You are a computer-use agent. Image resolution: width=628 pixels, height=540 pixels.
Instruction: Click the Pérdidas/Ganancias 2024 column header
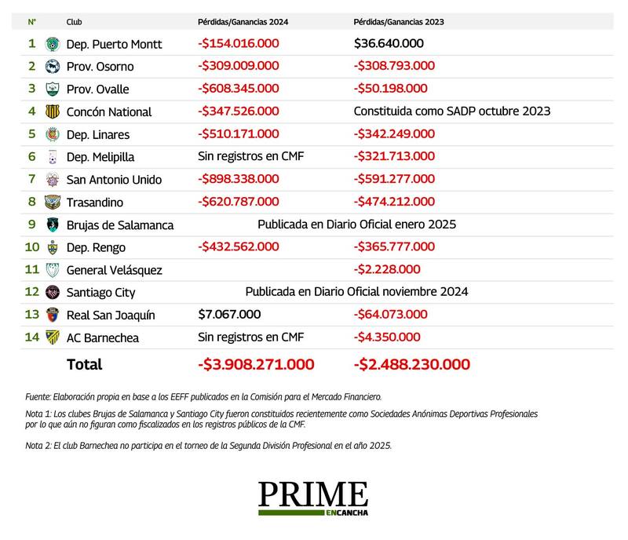tap(243, 22)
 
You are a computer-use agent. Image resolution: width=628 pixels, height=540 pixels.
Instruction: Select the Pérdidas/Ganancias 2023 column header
tap(399, 22)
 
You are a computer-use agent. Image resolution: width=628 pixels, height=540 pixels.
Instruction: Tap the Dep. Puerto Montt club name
tap(115, 44)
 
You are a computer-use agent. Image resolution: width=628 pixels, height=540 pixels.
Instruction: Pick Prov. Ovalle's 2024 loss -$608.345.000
tap(238, 89)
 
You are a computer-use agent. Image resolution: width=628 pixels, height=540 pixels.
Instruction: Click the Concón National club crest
tap(53, 111)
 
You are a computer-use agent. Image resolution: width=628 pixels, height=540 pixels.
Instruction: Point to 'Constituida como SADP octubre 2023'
tap(452, 111)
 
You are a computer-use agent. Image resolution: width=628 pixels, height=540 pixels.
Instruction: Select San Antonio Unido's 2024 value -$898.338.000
tap(238, 179)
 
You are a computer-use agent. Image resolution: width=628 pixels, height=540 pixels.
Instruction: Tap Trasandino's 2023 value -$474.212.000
tap(394, 202)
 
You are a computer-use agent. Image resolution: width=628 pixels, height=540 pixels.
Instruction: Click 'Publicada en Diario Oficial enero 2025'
tap(356, 224)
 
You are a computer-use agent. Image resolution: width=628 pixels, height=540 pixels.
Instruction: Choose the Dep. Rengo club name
tap(98, 247)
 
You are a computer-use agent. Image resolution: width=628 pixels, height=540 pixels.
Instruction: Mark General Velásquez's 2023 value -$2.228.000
tap(387, 270)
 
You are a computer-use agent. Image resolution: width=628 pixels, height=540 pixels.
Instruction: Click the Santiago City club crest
tap(53, 292)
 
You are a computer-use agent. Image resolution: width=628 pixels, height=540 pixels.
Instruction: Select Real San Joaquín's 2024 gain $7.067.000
tap(229, 315)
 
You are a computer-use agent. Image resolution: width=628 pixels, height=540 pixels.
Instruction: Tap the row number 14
tap(31, 337)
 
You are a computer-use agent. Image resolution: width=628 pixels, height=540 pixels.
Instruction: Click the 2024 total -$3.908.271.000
tap(256, 364)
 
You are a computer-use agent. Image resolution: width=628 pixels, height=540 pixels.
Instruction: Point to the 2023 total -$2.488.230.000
tap(412, 364)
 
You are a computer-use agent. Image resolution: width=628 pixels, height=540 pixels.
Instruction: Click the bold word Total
tap(85, 364)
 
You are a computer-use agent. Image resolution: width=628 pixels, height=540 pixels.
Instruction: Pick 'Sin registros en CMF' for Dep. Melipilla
tap(250, 156)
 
